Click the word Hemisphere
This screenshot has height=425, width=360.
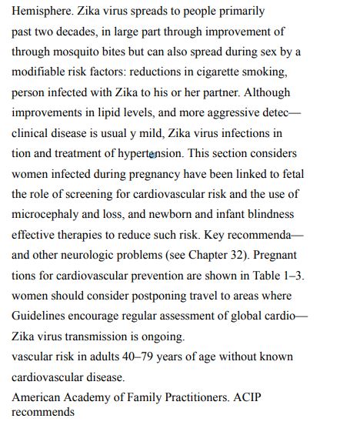pyautogui.click(x=40, y=12)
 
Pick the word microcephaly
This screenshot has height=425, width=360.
pyautogui.click(x=43, y=214)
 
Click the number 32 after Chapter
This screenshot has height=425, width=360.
pyautogui.click(x=248, y=254)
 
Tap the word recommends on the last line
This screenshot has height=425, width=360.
pyautogui.click(x=43, y=412)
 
